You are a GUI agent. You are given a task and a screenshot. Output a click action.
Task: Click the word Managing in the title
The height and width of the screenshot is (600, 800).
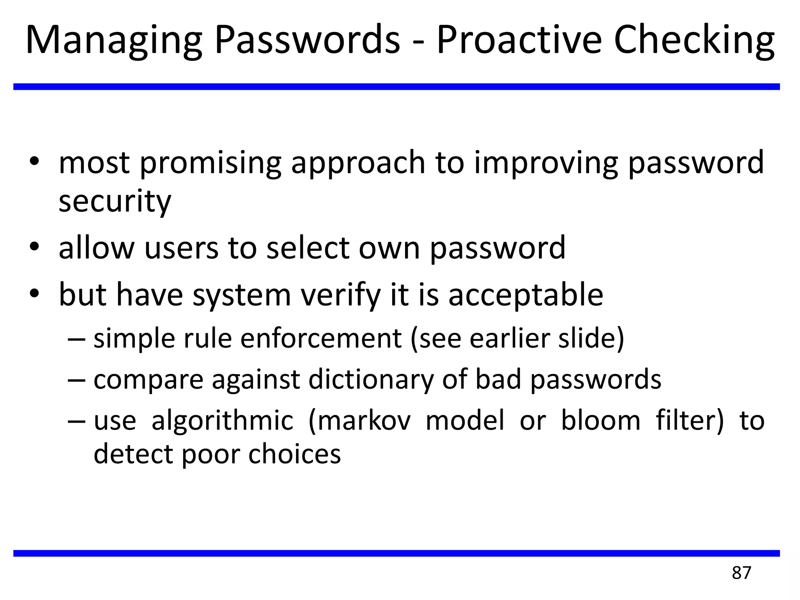(x=114, y=41)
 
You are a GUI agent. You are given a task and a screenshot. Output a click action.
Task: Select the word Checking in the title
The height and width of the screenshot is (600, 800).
(x=694, y=41)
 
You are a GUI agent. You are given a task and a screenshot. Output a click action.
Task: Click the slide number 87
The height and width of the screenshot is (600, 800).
(x=741, y=573)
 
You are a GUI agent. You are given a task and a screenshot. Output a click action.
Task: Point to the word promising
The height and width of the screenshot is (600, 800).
(x=210, y=163)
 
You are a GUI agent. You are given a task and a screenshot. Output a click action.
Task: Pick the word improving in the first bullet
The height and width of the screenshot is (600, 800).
(x=546, y=163)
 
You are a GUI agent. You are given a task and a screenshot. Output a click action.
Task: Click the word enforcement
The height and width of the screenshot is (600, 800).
(x=321, y=338)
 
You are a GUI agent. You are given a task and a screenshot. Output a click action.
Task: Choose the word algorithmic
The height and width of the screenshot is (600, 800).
(x=222, y=421)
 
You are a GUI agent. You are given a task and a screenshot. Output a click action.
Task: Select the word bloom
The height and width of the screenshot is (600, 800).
(x=600, y=421)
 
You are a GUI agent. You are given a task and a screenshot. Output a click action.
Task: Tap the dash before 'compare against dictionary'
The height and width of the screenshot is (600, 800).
(x=77, y=380)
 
